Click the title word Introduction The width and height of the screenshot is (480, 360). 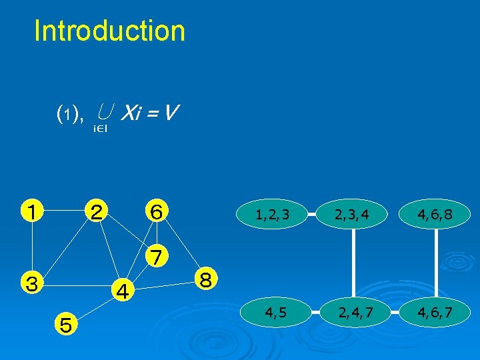click(109, 31)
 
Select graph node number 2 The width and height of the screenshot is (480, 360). click(97, 211)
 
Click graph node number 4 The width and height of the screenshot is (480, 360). click(122, 290)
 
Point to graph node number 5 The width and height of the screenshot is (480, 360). click(66, 325)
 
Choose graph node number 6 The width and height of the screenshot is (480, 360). click(157, 211)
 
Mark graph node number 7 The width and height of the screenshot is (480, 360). click(157, 255)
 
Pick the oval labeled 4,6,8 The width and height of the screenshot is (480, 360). click(437, 215)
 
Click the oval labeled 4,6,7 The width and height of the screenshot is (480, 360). click(437, 311)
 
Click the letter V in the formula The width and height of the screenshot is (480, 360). click(171, 113)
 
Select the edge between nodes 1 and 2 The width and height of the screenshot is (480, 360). click(64, 212)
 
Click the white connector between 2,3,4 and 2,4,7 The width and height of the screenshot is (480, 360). click(353, 263)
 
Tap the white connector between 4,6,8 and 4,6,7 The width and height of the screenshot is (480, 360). click(437, 263)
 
